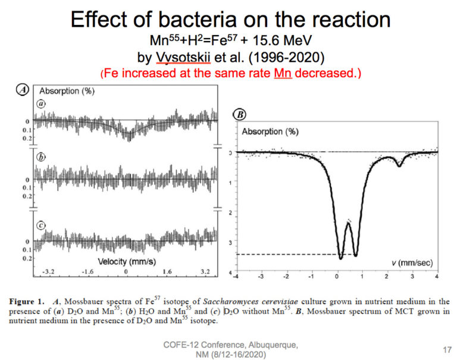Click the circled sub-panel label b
42,158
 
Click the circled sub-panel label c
42,224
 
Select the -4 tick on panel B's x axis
236,277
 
